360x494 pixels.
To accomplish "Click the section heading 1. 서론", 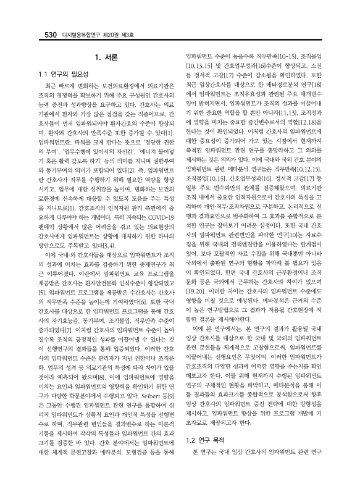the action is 104,58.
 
